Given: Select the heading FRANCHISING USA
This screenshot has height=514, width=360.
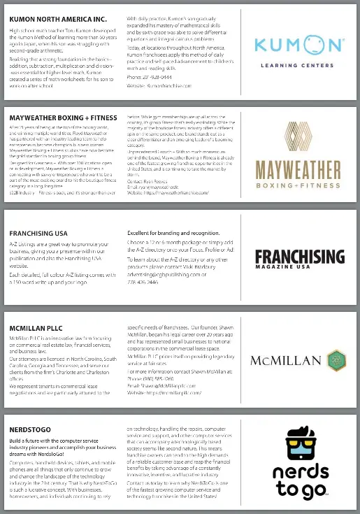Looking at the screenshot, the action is click(x=38, y=233).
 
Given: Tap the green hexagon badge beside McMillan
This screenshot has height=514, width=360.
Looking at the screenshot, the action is click(x=335, y=361).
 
